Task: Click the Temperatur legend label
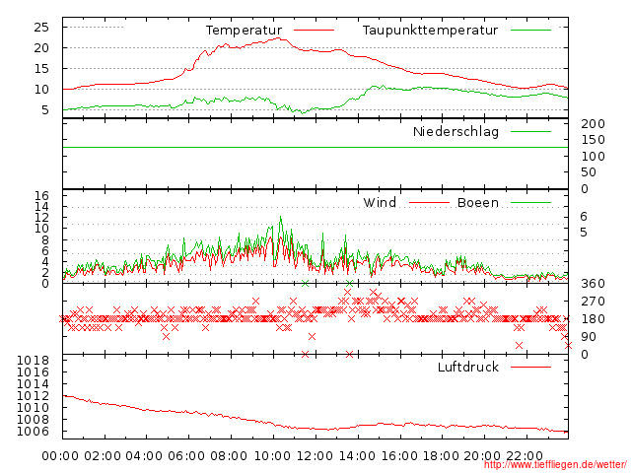[x=244, y=31]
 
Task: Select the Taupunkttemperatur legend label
[x=430, y=31]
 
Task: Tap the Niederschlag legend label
[x=456, y=131]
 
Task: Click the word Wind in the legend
[x=380, y=203]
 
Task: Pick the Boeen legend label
[x=477, y=203]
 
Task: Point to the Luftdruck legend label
[x=467, y=368]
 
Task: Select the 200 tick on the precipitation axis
[x=592, y=124]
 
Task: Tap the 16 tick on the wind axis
[x=41, y=195]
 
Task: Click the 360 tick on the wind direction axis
[x=592, y=284]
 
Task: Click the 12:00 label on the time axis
[x=315, y=455]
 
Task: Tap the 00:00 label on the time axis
[x=61, y=455]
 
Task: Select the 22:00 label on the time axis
[x=525, y=455]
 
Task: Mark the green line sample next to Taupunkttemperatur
[x=530, y=31]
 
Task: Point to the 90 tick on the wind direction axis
[x=588, y=337]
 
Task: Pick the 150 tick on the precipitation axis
[x=592, y=140]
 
